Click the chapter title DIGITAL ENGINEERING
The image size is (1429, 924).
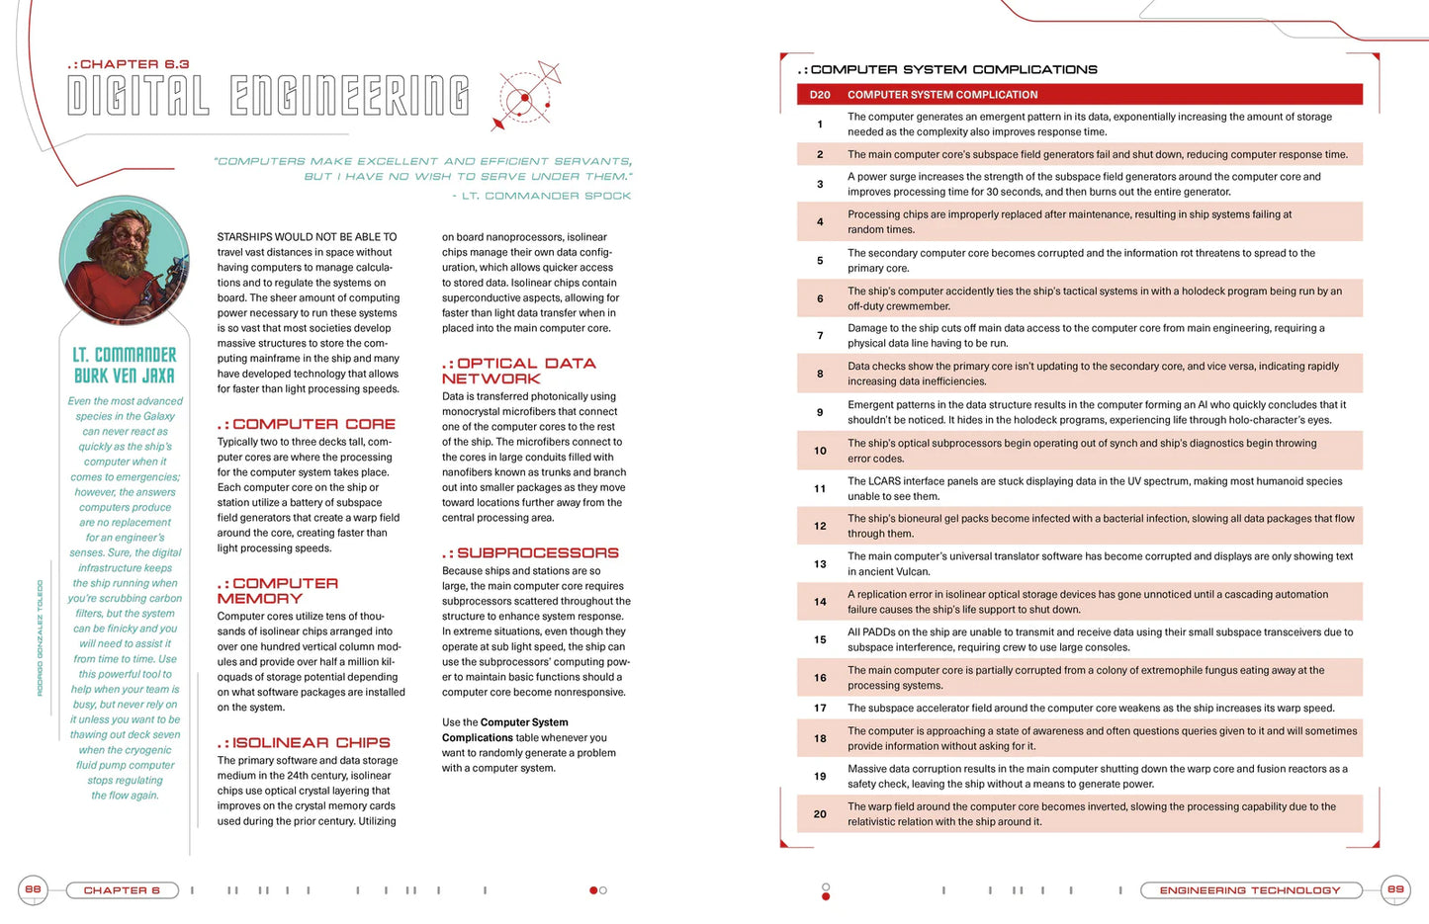click(268, 96)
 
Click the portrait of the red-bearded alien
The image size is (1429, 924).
click(125, 261)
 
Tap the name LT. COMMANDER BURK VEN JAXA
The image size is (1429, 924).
click(125, 365)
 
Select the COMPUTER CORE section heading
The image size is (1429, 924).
click(307, 424)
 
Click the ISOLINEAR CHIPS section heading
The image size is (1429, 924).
click(305, 742)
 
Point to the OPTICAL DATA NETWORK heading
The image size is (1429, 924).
click(519, 371)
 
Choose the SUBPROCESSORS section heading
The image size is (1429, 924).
click(530, 553)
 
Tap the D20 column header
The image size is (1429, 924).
click(820, 95)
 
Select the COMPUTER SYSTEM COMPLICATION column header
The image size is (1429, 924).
click(942, 95)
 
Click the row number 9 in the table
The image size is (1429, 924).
click(820, 412)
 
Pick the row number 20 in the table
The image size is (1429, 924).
click(820, 814)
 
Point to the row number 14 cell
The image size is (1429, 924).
click(820, 602)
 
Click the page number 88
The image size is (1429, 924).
click(33, 889)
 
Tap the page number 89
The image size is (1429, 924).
click(1395, 889)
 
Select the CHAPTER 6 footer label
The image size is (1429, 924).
click(122, 890)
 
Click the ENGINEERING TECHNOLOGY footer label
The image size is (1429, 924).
click(1250, 890)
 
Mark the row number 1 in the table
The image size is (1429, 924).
click(820, 125)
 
